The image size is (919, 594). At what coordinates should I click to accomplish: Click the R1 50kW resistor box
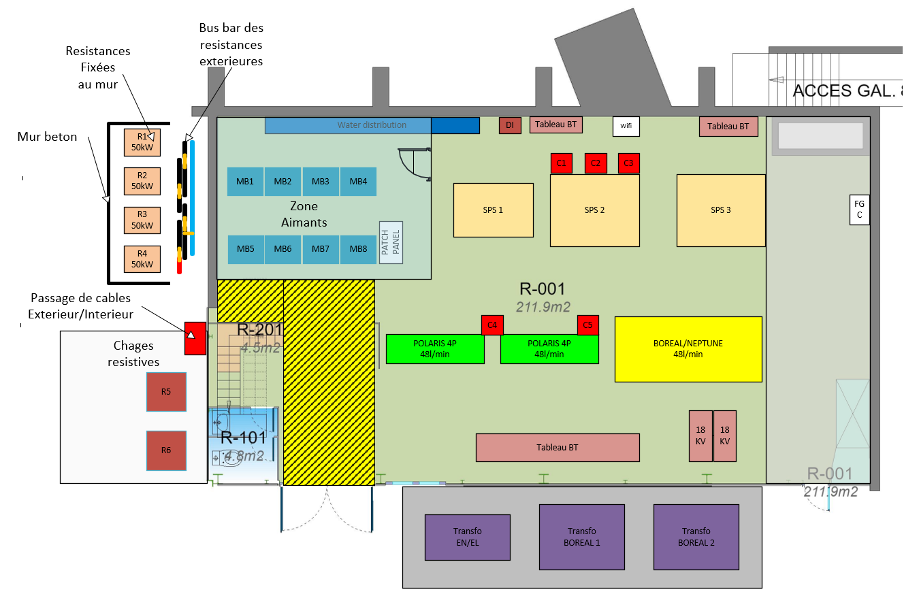coord(142,142)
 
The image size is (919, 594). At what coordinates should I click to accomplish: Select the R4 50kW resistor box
coord(142,259)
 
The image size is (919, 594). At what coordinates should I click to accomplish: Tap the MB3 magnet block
coord(321,182)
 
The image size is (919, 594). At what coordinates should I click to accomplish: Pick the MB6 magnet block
coord(283,249)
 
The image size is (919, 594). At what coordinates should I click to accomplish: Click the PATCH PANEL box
coord(391,242)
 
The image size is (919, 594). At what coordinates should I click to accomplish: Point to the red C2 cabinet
coord(596,163)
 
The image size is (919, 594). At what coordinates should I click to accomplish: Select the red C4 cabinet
coord(492,325)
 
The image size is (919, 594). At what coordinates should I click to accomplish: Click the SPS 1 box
coord(493,210)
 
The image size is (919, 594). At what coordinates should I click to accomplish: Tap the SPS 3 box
coord(720,210)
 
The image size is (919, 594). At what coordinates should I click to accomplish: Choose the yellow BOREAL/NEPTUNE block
coord(688,349)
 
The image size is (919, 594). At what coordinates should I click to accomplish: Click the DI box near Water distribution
coord(510,125)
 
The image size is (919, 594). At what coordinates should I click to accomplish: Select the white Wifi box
coord(626,126)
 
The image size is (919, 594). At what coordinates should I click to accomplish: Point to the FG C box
coord(860,210)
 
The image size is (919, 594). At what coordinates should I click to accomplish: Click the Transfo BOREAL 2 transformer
coord(696,537)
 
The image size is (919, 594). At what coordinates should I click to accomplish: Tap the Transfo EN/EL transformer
coord(467,537)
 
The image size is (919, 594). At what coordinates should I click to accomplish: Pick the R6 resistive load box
coord(166,450)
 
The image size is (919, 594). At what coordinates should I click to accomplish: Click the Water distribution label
coord(372,125)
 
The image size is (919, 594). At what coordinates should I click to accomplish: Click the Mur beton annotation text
coord(47,137)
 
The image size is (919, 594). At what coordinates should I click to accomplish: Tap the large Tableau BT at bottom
coord(557,448)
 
